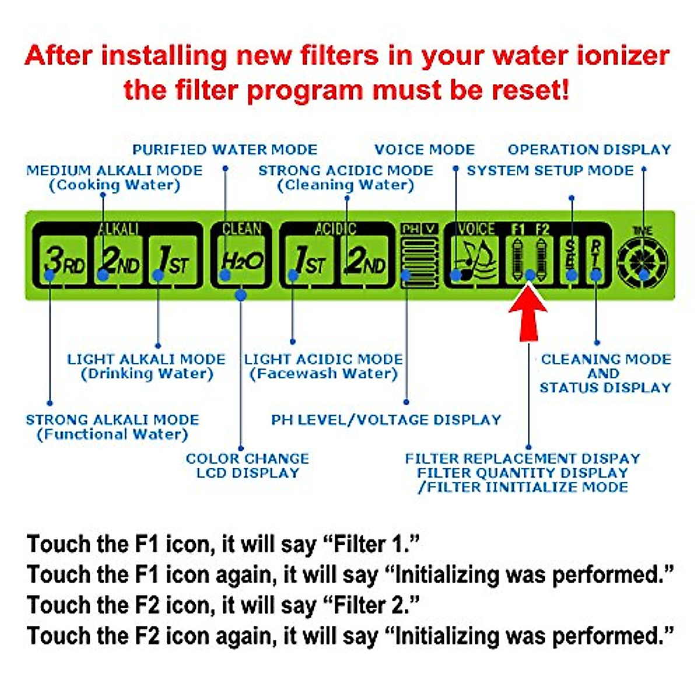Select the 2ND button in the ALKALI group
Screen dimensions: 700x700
click(119, 261)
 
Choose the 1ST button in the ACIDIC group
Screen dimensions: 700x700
click(309, 261)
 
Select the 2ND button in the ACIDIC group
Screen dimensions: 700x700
click(364, 261)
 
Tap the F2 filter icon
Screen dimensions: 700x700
click(542, 260)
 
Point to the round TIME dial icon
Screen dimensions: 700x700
click(643, 262)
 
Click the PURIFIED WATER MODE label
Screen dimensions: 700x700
click(225, 150)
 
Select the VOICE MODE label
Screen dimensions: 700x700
click(425, 150)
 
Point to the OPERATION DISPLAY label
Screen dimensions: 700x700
click(589, 150)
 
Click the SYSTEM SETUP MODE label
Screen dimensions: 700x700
click(549, 171)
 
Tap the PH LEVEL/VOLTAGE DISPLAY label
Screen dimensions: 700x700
click(386, 420)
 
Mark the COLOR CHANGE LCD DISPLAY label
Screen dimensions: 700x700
click(247, 466)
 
